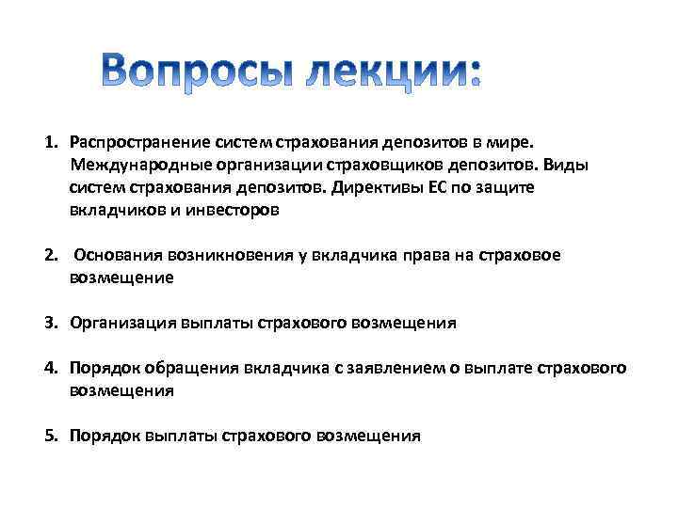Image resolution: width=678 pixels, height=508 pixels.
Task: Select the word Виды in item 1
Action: (x=568, y=166)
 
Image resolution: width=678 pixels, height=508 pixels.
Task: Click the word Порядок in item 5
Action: (x=104, y=436)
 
